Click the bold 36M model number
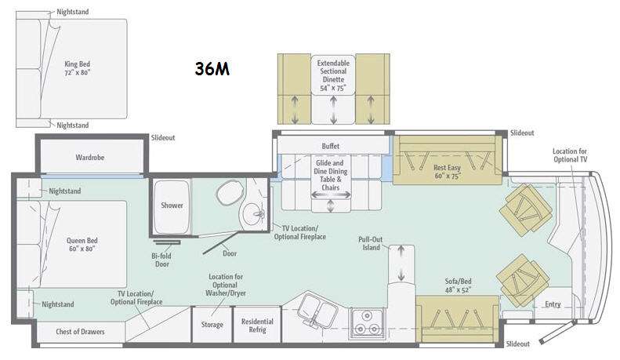(x=212, y=69)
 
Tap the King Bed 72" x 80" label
(x=78, y=68)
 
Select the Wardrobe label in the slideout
(x=90, y=158)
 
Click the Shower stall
(x=172, y=207)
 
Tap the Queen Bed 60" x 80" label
(x=82, y=245)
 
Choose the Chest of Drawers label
(x=80, y=332)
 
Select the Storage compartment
(x=212, y=325)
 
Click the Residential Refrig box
(x=257, y=325)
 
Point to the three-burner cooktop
(x=367, y=323)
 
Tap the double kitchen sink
(x=317, y=310)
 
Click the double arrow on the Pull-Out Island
(x=401, y=263)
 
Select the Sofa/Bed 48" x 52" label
(x=458, y=285)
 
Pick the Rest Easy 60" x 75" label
(x=448, y=172)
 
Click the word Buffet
(x=331, y=146)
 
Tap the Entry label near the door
(x=553, y=304)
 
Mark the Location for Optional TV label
(x=570, y=155)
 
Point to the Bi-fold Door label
(x=161, y=260)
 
